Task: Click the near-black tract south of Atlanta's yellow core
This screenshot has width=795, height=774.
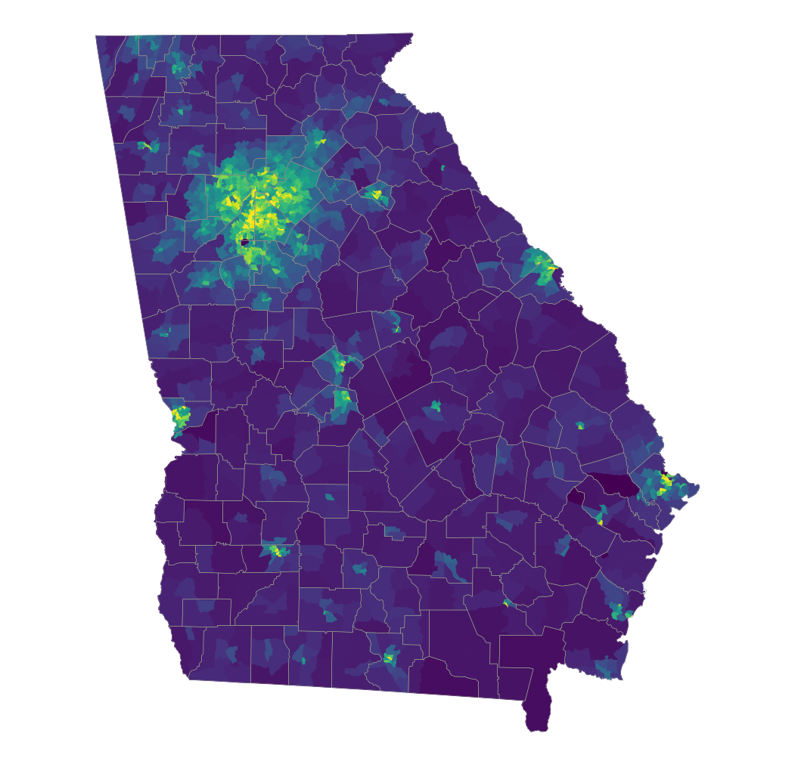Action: pos(244,243)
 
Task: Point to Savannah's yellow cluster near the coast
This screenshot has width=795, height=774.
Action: pos(665,481)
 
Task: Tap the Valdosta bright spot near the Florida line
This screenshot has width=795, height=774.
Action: pos(389,657)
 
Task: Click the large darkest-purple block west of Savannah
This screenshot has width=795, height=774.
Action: pos(616,484)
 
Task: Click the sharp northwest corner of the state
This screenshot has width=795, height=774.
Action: pos(97,36)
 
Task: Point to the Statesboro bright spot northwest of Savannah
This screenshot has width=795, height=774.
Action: pos(580,426)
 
